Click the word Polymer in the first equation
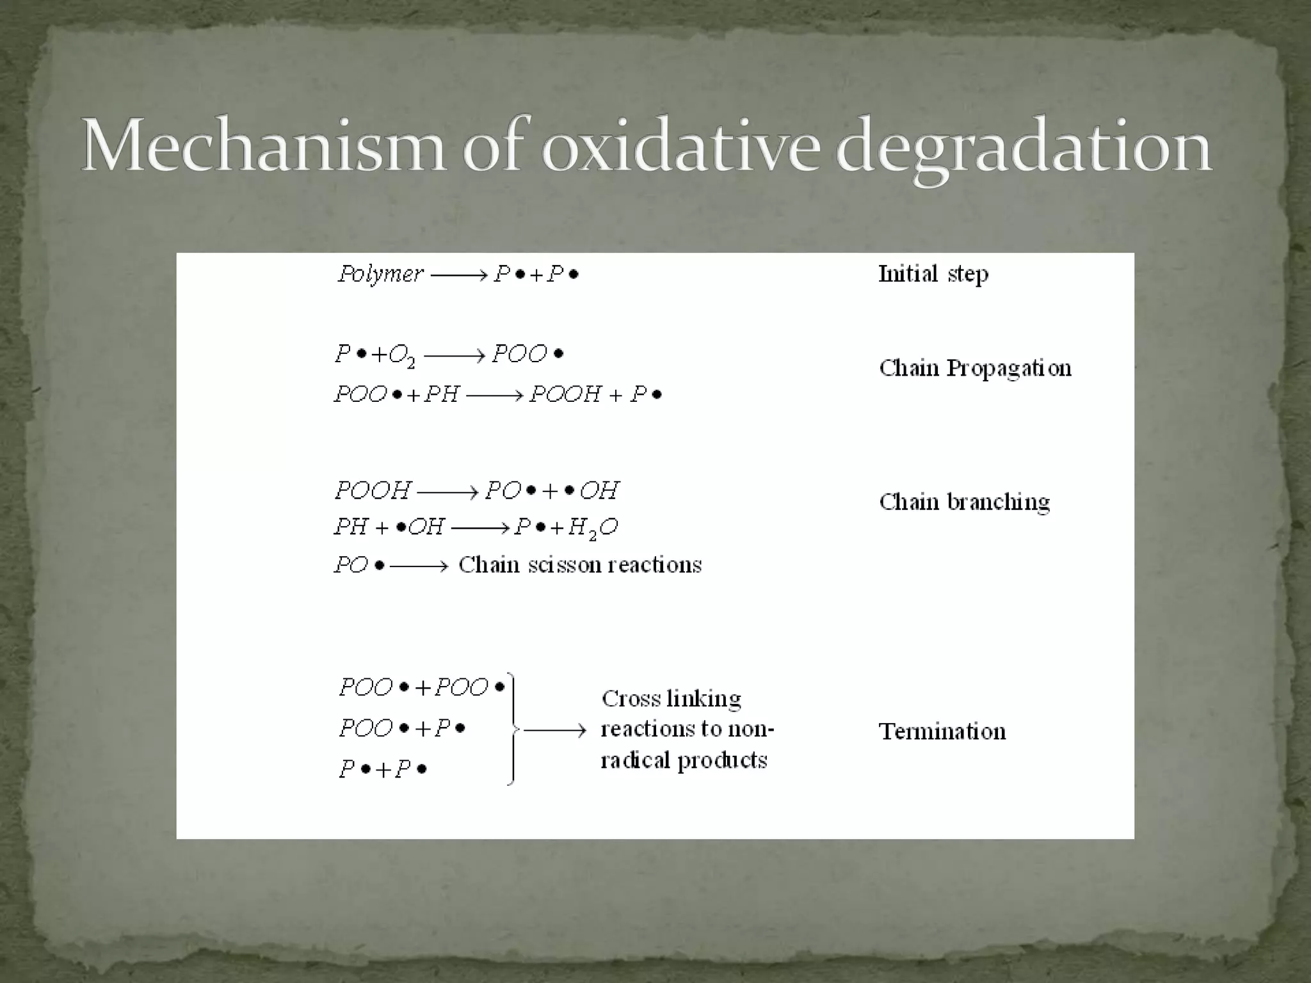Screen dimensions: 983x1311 380,275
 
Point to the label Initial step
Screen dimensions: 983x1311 933,274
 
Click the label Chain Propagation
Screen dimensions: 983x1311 974,368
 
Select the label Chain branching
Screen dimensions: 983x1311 964,502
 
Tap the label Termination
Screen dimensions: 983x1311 942,731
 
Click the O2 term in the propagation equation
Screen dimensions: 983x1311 401,356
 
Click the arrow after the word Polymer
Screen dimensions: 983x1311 458,275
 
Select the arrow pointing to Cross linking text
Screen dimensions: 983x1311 554,730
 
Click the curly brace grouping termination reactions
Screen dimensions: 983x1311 511,728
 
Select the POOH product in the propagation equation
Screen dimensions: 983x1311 565,394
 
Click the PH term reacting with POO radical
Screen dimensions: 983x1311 442,394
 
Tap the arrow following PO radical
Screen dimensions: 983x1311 419,566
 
